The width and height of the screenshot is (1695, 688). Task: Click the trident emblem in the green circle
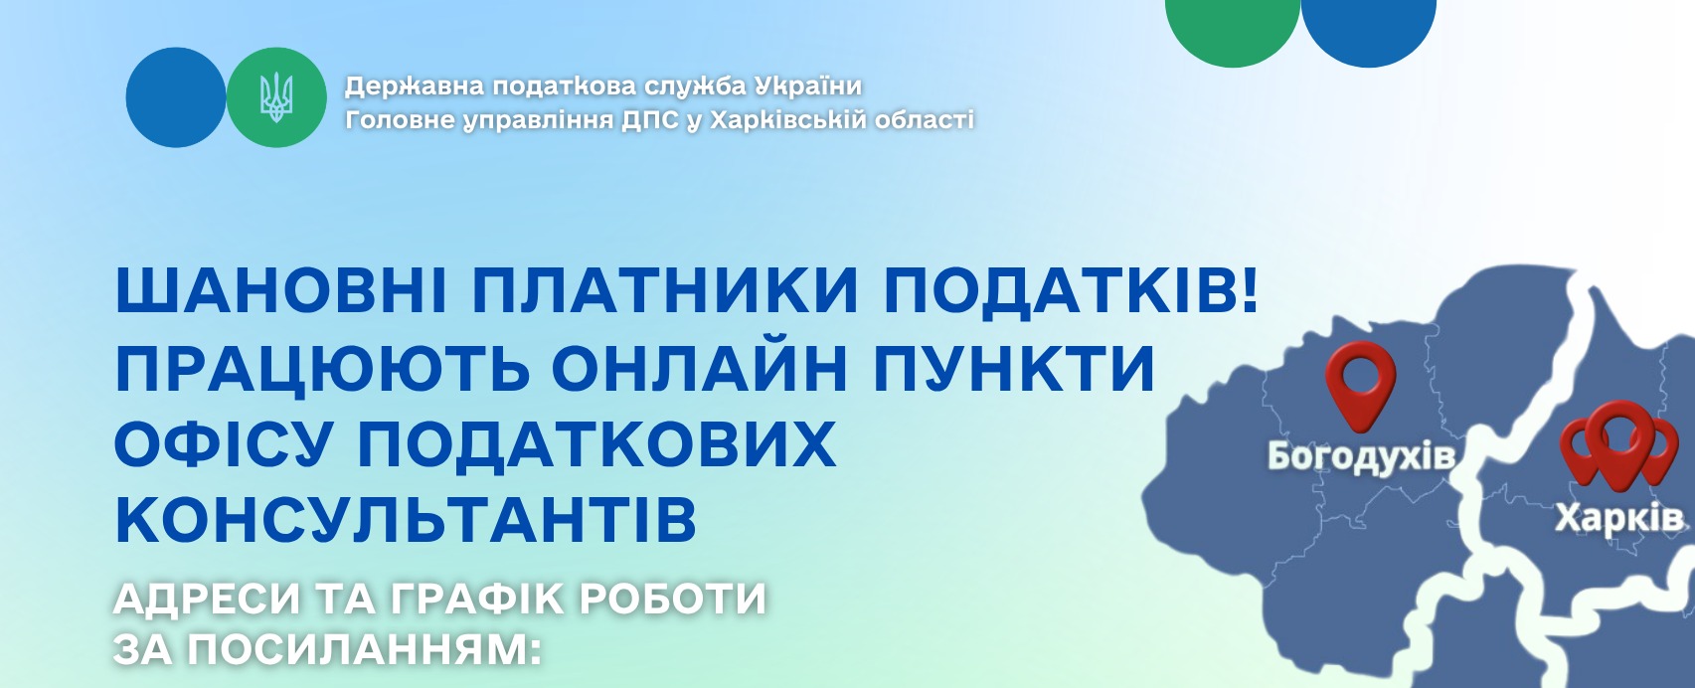(x=276, y=97)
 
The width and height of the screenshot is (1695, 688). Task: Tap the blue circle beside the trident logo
(x=176, y=96)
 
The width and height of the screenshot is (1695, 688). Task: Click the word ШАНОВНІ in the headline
(x=281, y=290)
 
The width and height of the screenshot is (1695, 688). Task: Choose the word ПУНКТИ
(x=1014, y=369)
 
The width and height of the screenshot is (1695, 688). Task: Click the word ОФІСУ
(x=224, y=444)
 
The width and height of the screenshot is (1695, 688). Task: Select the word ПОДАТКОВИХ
(x=596, y=444)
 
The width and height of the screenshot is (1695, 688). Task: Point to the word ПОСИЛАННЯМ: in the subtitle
(x=364, y=649)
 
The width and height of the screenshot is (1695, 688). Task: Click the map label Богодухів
(x=1361, y=456)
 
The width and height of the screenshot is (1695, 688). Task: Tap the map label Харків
(x=1619, y=518)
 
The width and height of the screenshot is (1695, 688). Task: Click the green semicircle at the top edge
(x=1232, y=30)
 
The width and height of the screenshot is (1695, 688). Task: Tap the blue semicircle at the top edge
(x=1368, y=30)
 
